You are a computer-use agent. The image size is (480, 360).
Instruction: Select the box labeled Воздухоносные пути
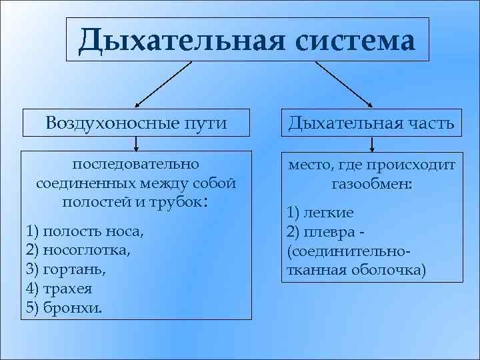[x=137, y=123]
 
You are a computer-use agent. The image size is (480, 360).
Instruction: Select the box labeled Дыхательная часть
[x=372, y=123]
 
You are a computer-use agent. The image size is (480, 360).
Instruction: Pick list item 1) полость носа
[x=84, y=231]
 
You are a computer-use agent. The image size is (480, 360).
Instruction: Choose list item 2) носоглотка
[x=79, y=251]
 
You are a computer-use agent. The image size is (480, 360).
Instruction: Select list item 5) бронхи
[x=64, y=307]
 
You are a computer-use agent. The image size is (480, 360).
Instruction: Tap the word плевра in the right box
[x=327, y=231]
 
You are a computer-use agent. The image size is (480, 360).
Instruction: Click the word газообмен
[x=371, y=182]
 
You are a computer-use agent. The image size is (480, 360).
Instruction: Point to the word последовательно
[x=136, y=164]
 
